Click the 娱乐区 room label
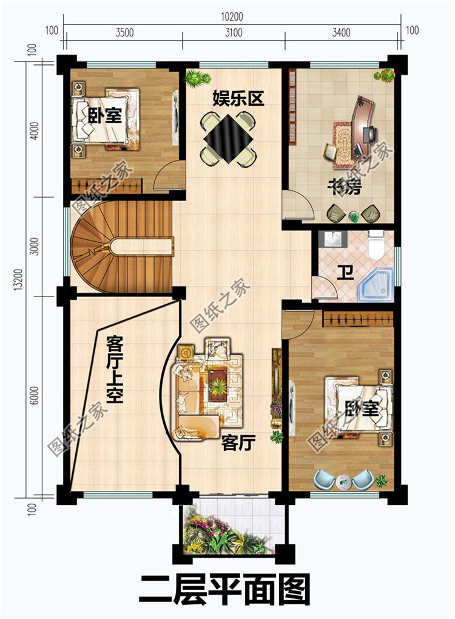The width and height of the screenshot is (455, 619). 238,98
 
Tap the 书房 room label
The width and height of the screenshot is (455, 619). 344,188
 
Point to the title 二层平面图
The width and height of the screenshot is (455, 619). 224,589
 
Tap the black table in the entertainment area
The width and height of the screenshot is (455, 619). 228,139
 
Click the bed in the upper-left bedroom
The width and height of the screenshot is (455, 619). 106,119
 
